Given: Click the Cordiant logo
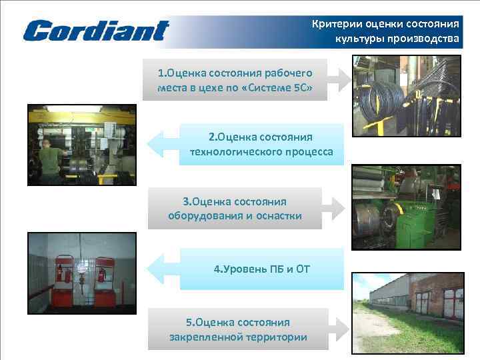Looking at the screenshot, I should [96, 30].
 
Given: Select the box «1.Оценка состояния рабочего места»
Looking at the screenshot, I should [235, 79].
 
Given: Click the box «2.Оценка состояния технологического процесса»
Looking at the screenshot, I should [261, 145].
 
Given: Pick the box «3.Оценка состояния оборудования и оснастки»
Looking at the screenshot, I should [235, 209].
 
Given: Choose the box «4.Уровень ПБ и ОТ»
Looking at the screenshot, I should [261, 269].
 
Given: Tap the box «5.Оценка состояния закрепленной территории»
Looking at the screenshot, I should [238, 329].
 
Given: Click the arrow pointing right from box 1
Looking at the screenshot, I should [340, 79].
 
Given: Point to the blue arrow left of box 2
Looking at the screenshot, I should [163, 145].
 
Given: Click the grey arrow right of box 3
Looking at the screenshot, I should [335, 209].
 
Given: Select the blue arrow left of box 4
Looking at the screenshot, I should [163, 269].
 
